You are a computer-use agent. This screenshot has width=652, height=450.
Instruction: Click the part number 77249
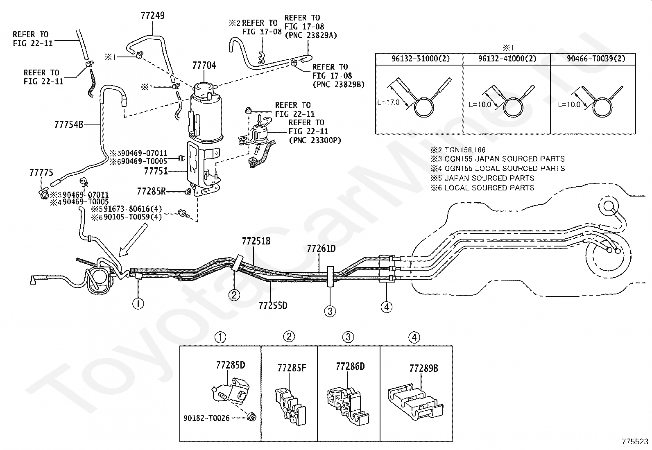[x=152, y=16]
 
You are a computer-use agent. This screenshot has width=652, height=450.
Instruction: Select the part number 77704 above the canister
[x=204, y=66]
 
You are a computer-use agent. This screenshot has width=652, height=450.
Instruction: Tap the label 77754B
[x=69, y=124]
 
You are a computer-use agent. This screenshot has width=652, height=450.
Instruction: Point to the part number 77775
[x=41, y=173]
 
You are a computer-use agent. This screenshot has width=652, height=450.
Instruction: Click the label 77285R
[x=152, y=191]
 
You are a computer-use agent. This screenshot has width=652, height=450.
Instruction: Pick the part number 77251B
[x=256, y=241]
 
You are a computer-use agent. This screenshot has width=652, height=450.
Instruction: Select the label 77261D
[x=321, y=249]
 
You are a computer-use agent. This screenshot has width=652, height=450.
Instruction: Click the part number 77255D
[x=273, y=305]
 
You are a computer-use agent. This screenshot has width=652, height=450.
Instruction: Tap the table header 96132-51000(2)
[x=421, y=59]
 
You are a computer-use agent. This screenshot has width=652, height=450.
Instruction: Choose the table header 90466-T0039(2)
[x=596, y=59]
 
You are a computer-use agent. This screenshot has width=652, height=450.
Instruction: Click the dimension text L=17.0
[x=388, y=102]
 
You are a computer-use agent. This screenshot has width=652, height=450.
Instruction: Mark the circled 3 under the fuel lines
[x=330, y=311]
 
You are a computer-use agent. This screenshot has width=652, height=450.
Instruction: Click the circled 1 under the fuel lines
[x=138, y=304]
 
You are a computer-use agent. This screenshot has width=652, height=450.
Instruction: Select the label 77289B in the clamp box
[x=423, y=369]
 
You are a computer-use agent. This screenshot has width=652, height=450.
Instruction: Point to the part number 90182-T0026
[x=206, y=418]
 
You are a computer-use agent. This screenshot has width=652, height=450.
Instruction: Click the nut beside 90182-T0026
[x=251, y=417]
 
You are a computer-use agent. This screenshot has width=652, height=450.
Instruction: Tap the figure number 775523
[x=635, y=441]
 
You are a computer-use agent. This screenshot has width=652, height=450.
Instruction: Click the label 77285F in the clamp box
[x=292, y=368]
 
